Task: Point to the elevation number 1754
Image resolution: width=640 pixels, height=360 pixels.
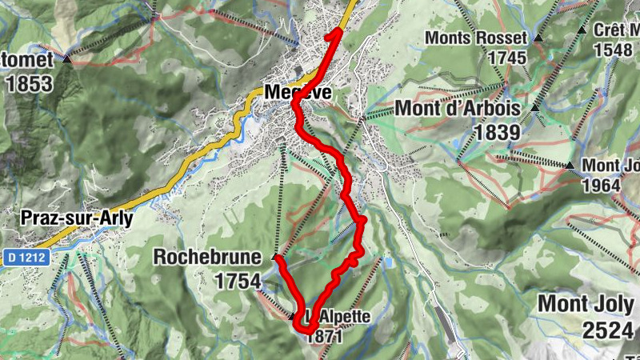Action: tap(238, 281)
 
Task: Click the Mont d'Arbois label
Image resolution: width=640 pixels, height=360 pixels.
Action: tap(458, 109)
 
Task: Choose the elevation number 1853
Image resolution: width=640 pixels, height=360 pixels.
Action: tap(29, 83)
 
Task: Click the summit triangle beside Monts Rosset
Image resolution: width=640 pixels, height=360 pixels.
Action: tap(538, 38)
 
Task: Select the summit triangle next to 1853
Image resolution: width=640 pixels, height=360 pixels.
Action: tap(67, 58)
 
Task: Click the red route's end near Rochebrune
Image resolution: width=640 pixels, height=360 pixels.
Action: tap(277, 258)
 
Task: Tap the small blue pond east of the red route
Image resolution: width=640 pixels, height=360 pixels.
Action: tap(388, 262)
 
